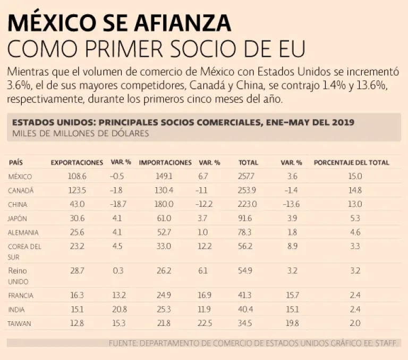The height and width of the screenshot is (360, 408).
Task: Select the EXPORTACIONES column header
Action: [76, 163]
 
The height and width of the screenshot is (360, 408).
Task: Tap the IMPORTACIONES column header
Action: [165, 163]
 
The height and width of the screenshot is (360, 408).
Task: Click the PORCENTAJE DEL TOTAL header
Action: [351, 163]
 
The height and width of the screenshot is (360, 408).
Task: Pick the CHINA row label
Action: [18, 204]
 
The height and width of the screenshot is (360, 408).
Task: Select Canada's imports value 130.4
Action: [163, 190]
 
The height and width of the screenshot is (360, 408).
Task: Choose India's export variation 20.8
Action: [117, 309]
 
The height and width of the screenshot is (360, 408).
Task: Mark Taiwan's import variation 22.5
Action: [205, 323]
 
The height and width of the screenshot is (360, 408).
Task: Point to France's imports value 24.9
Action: [164, 295]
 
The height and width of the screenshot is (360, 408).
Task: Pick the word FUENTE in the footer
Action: [123, 344]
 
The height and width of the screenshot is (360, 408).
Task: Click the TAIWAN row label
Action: [20, 323]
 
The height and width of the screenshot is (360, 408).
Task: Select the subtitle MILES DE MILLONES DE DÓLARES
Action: [80, 133]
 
